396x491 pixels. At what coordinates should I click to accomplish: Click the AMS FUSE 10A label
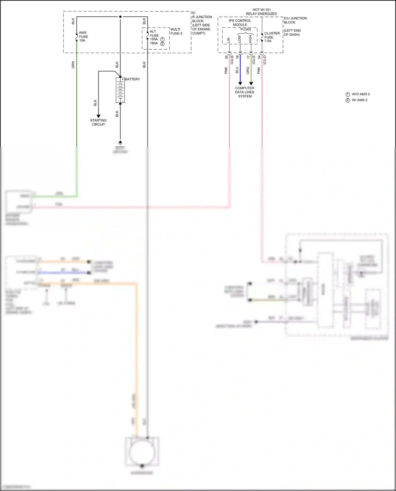coord(83,37)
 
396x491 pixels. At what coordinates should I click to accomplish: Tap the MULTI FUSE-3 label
coord(176,31)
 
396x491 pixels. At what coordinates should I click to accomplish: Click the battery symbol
coord(120,90)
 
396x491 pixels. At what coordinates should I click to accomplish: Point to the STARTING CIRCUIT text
coord(98,122)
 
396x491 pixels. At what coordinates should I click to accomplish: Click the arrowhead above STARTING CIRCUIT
coord(98,116)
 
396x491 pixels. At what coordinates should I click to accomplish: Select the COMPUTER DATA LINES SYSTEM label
coord(245,92)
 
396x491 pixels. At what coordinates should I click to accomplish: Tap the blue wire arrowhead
coord(240,84)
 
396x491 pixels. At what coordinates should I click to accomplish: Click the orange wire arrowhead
coord(251,84)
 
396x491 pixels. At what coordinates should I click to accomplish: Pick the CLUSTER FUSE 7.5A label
coord(272,37)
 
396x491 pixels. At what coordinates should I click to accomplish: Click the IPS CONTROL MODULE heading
coord(240,23)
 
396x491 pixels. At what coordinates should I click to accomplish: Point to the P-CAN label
coord(246,29)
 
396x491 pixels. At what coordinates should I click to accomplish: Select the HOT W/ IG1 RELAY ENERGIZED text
coord(261,12)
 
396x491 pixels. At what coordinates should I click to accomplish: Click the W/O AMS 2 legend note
coord(361,94)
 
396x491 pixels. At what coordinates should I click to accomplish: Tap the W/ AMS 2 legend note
coord(359,100)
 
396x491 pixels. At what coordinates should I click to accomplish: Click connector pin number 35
coord(227,57)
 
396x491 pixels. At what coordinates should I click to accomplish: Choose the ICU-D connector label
coord(265,60)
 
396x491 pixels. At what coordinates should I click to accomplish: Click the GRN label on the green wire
coord(73,65)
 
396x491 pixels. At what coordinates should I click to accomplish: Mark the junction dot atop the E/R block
coord(120,17)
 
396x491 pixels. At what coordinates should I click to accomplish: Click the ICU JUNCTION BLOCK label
coord(295,20)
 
